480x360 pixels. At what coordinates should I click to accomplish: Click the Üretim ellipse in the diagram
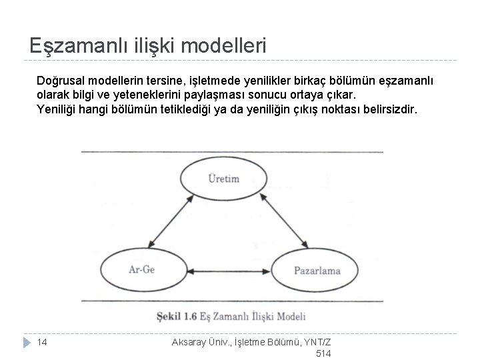click(223, 179)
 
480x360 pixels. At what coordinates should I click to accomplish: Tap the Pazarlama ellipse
click(317, 270)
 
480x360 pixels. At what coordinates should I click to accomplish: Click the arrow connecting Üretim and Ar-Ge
click(175, 217)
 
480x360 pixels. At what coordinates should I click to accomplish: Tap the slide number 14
click(41, 342)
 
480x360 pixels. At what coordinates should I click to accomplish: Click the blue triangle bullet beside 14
click(25, 342)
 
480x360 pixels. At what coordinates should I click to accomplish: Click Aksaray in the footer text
click(191, 342)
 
